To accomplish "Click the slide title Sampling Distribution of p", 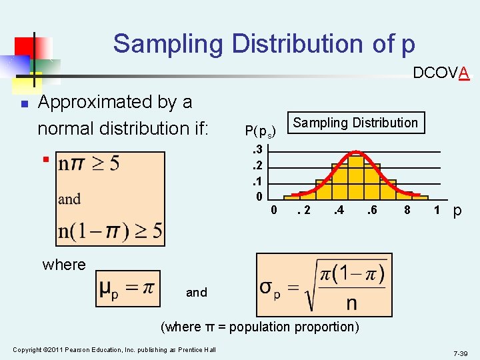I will pyautogui.click(x=264, y=44).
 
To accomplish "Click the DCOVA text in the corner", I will pyautogui.click(x=441, y=73).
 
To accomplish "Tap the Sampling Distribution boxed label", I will pyautogui.click(x=355, y=123).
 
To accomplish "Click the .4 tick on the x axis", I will pyautogui.click(x=338, y=211).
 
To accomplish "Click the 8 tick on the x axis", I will pyautogui.click(x=406, y=211).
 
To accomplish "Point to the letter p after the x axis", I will pyautogui.click(x=457, y=211).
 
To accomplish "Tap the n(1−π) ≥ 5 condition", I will pyautogui.click(x=111, y=231).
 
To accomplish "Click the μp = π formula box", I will pyautogui.click(x=127, y=289).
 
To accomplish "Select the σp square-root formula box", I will pyautogui.click(x=324, y=285).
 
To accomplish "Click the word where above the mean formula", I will pyautogui.click(x=64, y=265).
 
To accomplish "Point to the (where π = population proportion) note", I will pyautogui.click(x=260, y=327).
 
